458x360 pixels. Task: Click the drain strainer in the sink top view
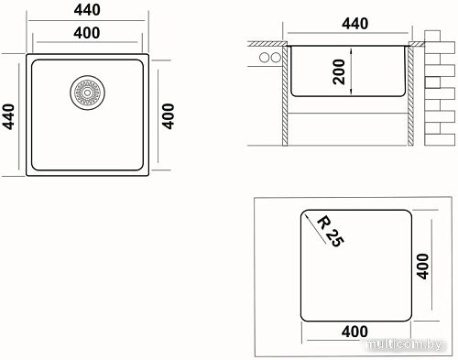point(87,93)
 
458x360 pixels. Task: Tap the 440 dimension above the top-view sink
point(87,10)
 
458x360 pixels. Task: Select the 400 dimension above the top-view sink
point(87,33)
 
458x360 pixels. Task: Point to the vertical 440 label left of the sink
point(8,116)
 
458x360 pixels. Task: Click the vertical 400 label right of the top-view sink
point(168,116)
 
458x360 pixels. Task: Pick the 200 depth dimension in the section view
point(339,71)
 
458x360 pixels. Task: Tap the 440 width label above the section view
point(354,24)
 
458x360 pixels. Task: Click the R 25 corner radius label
point(331,231)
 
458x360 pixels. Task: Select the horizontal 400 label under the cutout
point(354,332)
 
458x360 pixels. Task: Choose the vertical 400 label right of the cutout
point(423,266)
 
